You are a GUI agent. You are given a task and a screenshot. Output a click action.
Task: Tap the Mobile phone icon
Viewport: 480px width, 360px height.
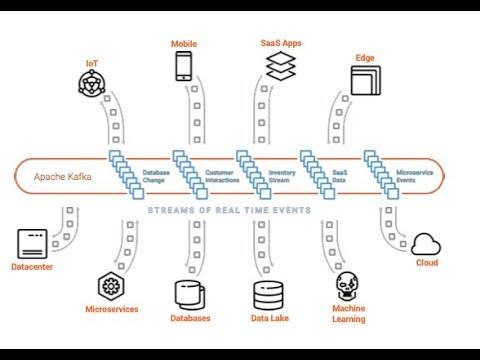(183, 66)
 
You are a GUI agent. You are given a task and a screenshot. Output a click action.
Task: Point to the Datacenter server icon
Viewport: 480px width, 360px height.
(34, 244)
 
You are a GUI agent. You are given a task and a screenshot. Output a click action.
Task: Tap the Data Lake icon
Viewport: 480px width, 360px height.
(270, 295)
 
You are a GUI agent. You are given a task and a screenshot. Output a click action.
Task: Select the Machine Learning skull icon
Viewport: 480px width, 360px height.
(348, 287)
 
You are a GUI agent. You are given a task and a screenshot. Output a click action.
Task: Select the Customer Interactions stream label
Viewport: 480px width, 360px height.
(219, 176)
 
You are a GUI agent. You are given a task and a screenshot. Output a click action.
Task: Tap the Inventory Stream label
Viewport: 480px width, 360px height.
(283, 176)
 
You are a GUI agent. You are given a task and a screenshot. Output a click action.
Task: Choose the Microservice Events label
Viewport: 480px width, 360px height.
(413, 176)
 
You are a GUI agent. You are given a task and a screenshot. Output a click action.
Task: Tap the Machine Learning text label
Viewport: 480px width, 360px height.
(348, 314)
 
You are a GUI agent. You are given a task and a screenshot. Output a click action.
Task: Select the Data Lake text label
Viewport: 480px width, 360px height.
(270, 318)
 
